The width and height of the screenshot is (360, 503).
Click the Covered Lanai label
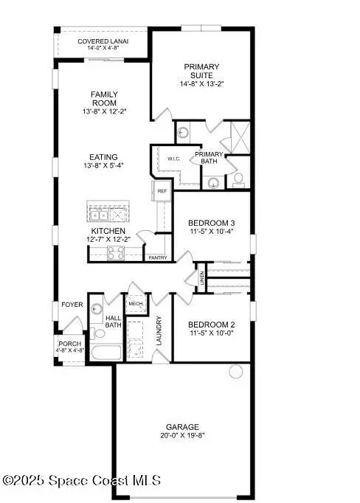pos(103,41)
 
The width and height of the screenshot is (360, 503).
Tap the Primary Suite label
pos(201,71)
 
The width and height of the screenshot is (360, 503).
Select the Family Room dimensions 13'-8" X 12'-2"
pos(104,111)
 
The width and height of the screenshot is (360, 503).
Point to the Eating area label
pos(103,156)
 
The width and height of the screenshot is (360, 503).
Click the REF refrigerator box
pos(163,191)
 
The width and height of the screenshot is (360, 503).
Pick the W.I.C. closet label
pos(174,159)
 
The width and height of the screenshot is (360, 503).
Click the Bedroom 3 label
pos(211,223)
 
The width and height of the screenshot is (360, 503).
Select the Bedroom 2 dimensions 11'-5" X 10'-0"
pos(211,333)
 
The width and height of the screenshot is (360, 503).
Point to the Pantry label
pos(157,257)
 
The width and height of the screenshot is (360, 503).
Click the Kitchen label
pos(103,231)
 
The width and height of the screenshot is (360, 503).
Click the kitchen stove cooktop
pos(116,253)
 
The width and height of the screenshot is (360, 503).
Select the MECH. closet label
pos(136,303)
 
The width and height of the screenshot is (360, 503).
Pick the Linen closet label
pos(201,279)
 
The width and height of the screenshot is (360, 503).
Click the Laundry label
pos(159,330)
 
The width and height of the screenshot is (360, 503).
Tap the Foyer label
pos(72,304)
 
